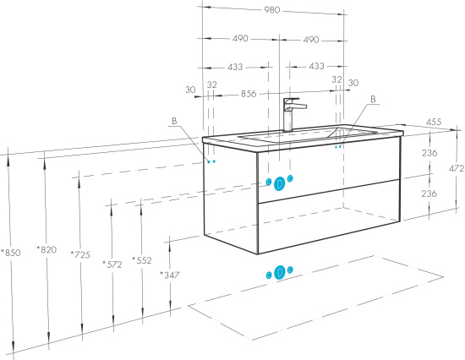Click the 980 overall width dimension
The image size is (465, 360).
[272, 10]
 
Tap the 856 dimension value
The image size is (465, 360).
[249, 94]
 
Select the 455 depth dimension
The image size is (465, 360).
[434, 122]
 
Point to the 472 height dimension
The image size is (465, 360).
[457, 168]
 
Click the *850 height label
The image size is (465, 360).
[11, 253]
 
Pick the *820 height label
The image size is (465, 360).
[46, 249]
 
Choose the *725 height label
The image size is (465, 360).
[80, 254]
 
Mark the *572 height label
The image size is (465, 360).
[112, 265]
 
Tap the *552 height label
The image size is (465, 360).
[142, 260]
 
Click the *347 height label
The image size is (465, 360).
[170, 275]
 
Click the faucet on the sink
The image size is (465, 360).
[293, 114]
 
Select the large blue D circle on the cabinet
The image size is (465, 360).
[279, 184]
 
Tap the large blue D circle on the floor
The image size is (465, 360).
[279, 272]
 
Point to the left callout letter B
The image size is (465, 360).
[174, 121]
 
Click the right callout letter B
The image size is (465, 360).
[374, 99]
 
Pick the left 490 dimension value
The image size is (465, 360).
[240, 39]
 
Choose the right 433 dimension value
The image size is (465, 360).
[316, 66]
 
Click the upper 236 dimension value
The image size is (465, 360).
[429, 153]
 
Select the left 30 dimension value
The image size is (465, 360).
[191, 90]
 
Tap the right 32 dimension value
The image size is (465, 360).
[336, 79]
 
